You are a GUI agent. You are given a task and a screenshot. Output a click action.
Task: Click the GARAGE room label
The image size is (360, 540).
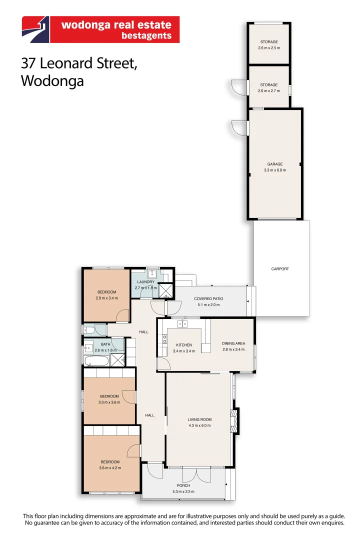[x=274, y=164]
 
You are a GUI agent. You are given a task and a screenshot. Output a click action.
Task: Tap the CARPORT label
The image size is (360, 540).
[x=280, y=269]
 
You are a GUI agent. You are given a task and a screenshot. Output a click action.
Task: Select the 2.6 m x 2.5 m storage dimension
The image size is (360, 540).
[x=269, y=48]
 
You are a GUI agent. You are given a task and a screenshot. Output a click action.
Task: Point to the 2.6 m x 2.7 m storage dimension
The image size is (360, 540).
[x=269, y=91]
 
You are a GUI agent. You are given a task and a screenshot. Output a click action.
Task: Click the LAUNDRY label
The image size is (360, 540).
[x=145, y=282]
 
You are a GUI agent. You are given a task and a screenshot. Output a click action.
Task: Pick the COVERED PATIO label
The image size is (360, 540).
[x=208, y=298]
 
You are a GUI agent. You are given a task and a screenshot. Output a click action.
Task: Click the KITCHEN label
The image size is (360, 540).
[x=183, y=345]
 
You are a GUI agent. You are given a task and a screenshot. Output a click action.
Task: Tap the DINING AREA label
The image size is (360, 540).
[x=233, y=343]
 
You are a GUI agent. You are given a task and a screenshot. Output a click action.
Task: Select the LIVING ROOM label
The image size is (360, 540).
[x=199, y=419]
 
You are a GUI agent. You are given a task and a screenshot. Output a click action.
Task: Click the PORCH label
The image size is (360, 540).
[x=183, y=485]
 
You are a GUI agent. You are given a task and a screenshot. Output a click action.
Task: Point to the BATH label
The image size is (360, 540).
[x=105, y=344]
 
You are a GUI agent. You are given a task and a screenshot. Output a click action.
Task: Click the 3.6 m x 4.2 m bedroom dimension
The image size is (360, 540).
[x=110, y=468]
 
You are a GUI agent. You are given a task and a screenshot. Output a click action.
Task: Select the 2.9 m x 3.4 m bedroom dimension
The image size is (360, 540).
[x=106, y=298]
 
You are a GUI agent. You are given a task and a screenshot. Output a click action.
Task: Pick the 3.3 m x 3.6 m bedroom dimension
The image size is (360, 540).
[x=109, y=402]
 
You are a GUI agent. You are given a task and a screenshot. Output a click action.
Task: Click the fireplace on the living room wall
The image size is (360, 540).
[x=232, y=420]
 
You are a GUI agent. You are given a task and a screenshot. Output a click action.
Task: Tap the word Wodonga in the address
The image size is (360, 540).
[x=52, y=81]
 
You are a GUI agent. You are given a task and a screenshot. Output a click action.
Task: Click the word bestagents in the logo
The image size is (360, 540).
[x=146, y=35]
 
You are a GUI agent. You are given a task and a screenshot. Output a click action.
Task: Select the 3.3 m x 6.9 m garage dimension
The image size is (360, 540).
[x=274, y=170]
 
